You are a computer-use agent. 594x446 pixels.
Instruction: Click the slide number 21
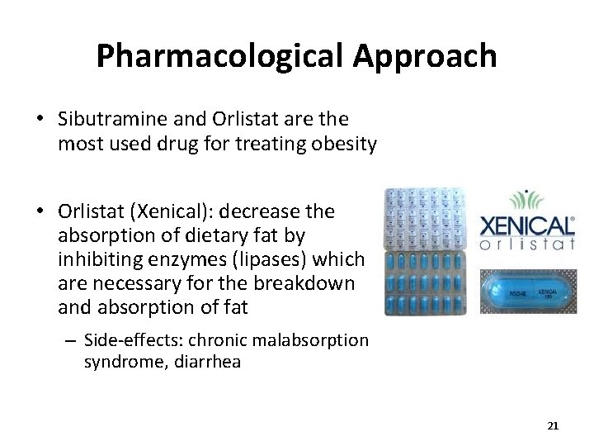tap(553, 426)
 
